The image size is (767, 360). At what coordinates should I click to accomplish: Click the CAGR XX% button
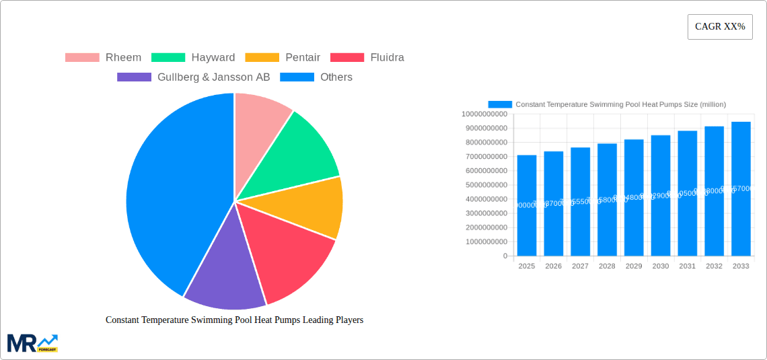pos(720,27)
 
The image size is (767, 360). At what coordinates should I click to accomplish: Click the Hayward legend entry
pos(193,57)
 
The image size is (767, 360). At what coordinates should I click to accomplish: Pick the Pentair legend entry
pos(283,57)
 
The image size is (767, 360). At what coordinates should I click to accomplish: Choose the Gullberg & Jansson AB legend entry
pos(193,77)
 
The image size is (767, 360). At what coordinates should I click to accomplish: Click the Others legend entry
pos(316,77)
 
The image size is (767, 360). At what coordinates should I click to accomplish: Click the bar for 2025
pos(527,205)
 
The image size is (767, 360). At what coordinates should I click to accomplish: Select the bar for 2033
pos(741,188)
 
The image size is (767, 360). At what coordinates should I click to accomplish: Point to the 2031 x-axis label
pos(687,266)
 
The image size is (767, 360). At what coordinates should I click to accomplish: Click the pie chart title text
pos(234,320)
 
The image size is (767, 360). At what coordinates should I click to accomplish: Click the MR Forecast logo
pos(32,343)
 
